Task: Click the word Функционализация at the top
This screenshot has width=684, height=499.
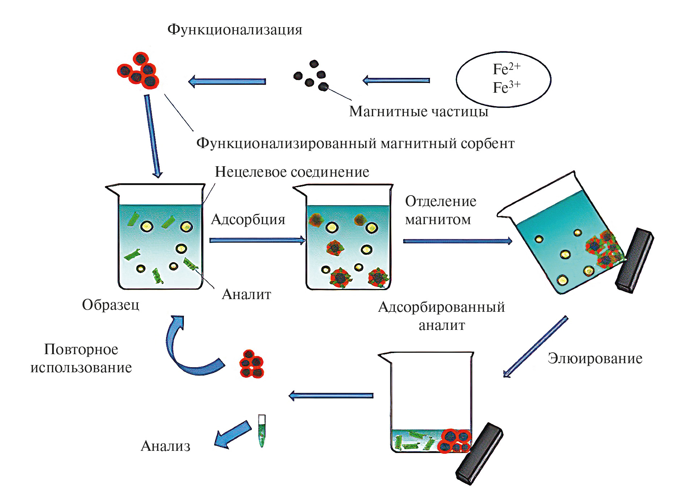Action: [235, 30]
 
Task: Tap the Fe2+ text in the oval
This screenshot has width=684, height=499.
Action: [506, 69]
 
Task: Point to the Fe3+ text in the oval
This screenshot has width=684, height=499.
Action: [506, 87]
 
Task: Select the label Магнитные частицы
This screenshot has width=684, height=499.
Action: [418, 112]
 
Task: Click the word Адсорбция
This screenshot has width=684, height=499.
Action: [248, 219]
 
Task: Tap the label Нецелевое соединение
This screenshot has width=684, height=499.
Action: [292, 172]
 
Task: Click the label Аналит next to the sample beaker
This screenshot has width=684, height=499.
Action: [246, 294]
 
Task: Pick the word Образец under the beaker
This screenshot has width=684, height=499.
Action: [110, 305]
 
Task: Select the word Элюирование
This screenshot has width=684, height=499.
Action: [595, 358]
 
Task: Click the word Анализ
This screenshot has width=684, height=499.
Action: [165, 446]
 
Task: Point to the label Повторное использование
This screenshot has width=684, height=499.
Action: [81, 358]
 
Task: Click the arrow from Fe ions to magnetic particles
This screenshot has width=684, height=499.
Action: [396, 80]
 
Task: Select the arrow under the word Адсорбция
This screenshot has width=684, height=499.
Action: [257, 240]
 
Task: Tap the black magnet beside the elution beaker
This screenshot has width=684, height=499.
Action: [479, 453]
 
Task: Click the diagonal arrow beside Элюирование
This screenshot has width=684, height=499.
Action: [536, 347]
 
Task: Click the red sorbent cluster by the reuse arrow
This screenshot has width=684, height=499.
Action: [252, 364]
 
